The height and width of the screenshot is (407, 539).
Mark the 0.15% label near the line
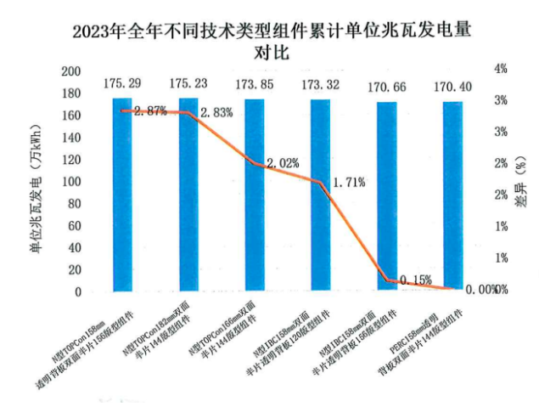[x=413, y=280]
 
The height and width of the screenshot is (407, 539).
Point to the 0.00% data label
[x=480, y=290]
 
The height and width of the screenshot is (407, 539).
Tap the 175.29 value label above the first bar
[x=123, y=83]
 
